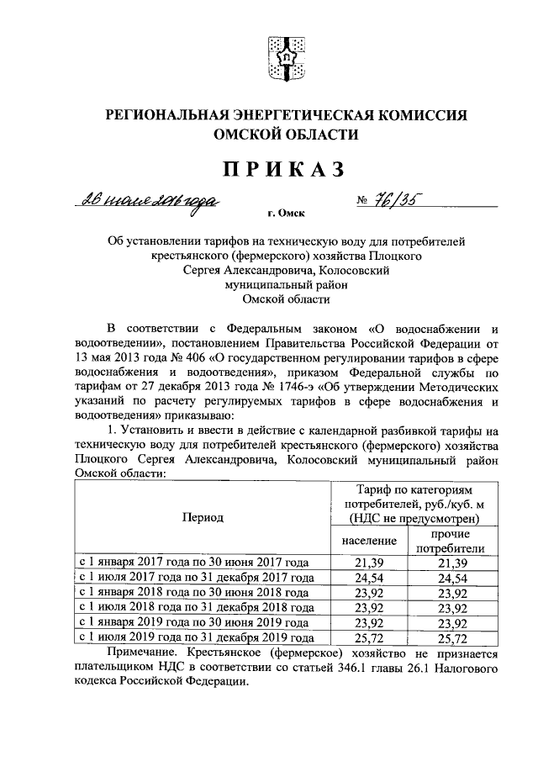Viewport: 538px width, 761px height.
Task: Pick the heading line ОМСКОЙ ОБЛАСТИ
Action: pyautogui.click(x=285, y=134)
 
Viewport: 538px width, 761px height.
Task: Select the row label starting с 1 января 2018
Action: pyautogui.click(x=193, y=592)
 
